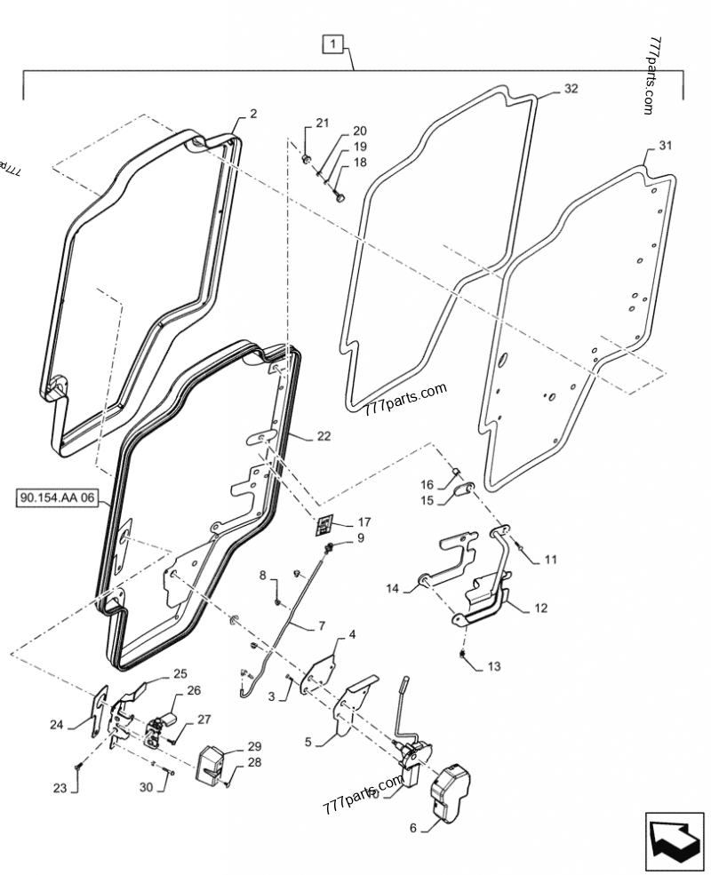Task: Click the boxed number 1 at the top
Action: click(x=331, y=44)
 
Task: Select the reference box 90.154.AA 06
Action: click(x=55, y=497)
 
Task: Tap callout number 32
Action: click(x=570, y=89)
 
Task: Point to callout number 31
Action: click(x=666, y=146)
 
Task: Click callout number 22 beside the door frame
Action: click(x=323, y=435)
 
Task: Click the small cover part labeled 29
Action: click(x=212, y=763)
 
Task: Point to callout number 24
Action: click(x=57, y=724)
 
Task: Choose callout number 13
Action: click(x=494, y=666)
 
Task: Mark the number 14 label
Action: click(x=393, y=588)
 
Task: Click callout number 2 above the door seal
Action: click(x=253, y=114)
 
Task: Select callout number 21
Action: click(x=321, y=122)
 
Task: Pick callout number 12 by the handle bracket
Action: click(x=540, y=609)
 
